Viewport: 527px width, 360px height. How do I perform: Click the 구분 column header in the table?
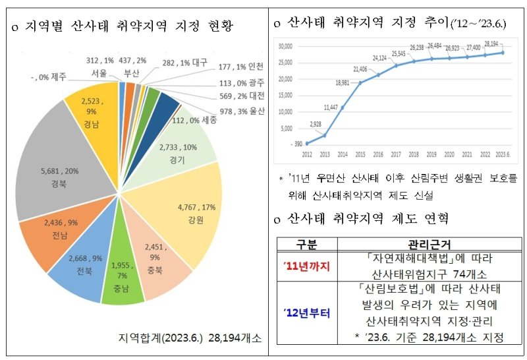coord(308,244)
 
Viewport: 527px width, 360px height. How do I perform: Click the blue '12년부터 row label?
coord(308,313)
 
